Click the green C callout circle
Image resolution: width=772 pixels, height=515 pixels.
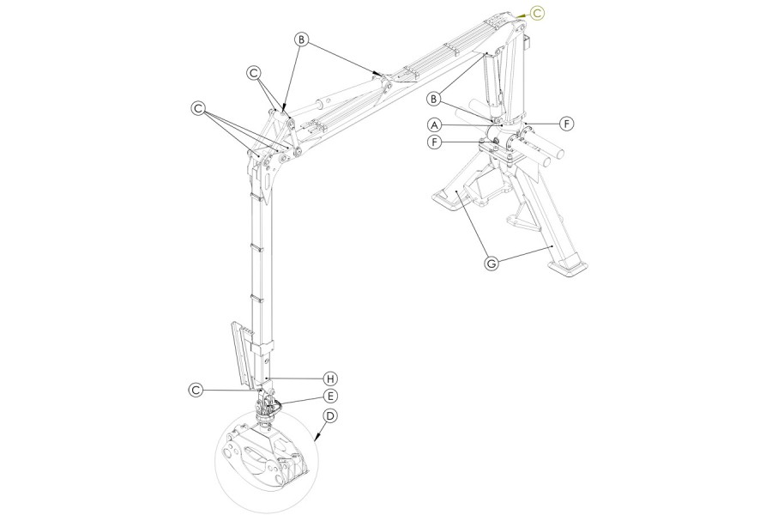(538, 14)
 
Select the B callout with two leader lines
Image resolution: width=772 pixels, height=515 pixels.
(302, 39)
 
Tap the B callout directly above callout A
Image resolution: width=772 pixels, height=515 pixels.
(434, 100)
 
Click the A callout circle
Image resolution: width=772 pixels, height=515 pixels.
(434, 124)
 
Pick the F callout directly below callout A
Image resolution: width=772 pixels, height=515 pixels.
(434, 142)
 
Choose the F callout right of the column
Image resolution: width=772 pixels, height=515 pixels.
(567, 124)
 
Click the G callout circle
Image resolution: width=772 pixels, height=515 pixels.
(491, 264)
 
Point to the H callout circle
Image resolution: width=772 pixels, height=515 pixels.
(330, 379)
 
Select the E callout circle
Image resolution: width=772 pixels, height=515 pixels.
(330, 396)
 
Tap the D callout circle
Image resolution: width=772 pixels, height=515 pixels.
(330, 416)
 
